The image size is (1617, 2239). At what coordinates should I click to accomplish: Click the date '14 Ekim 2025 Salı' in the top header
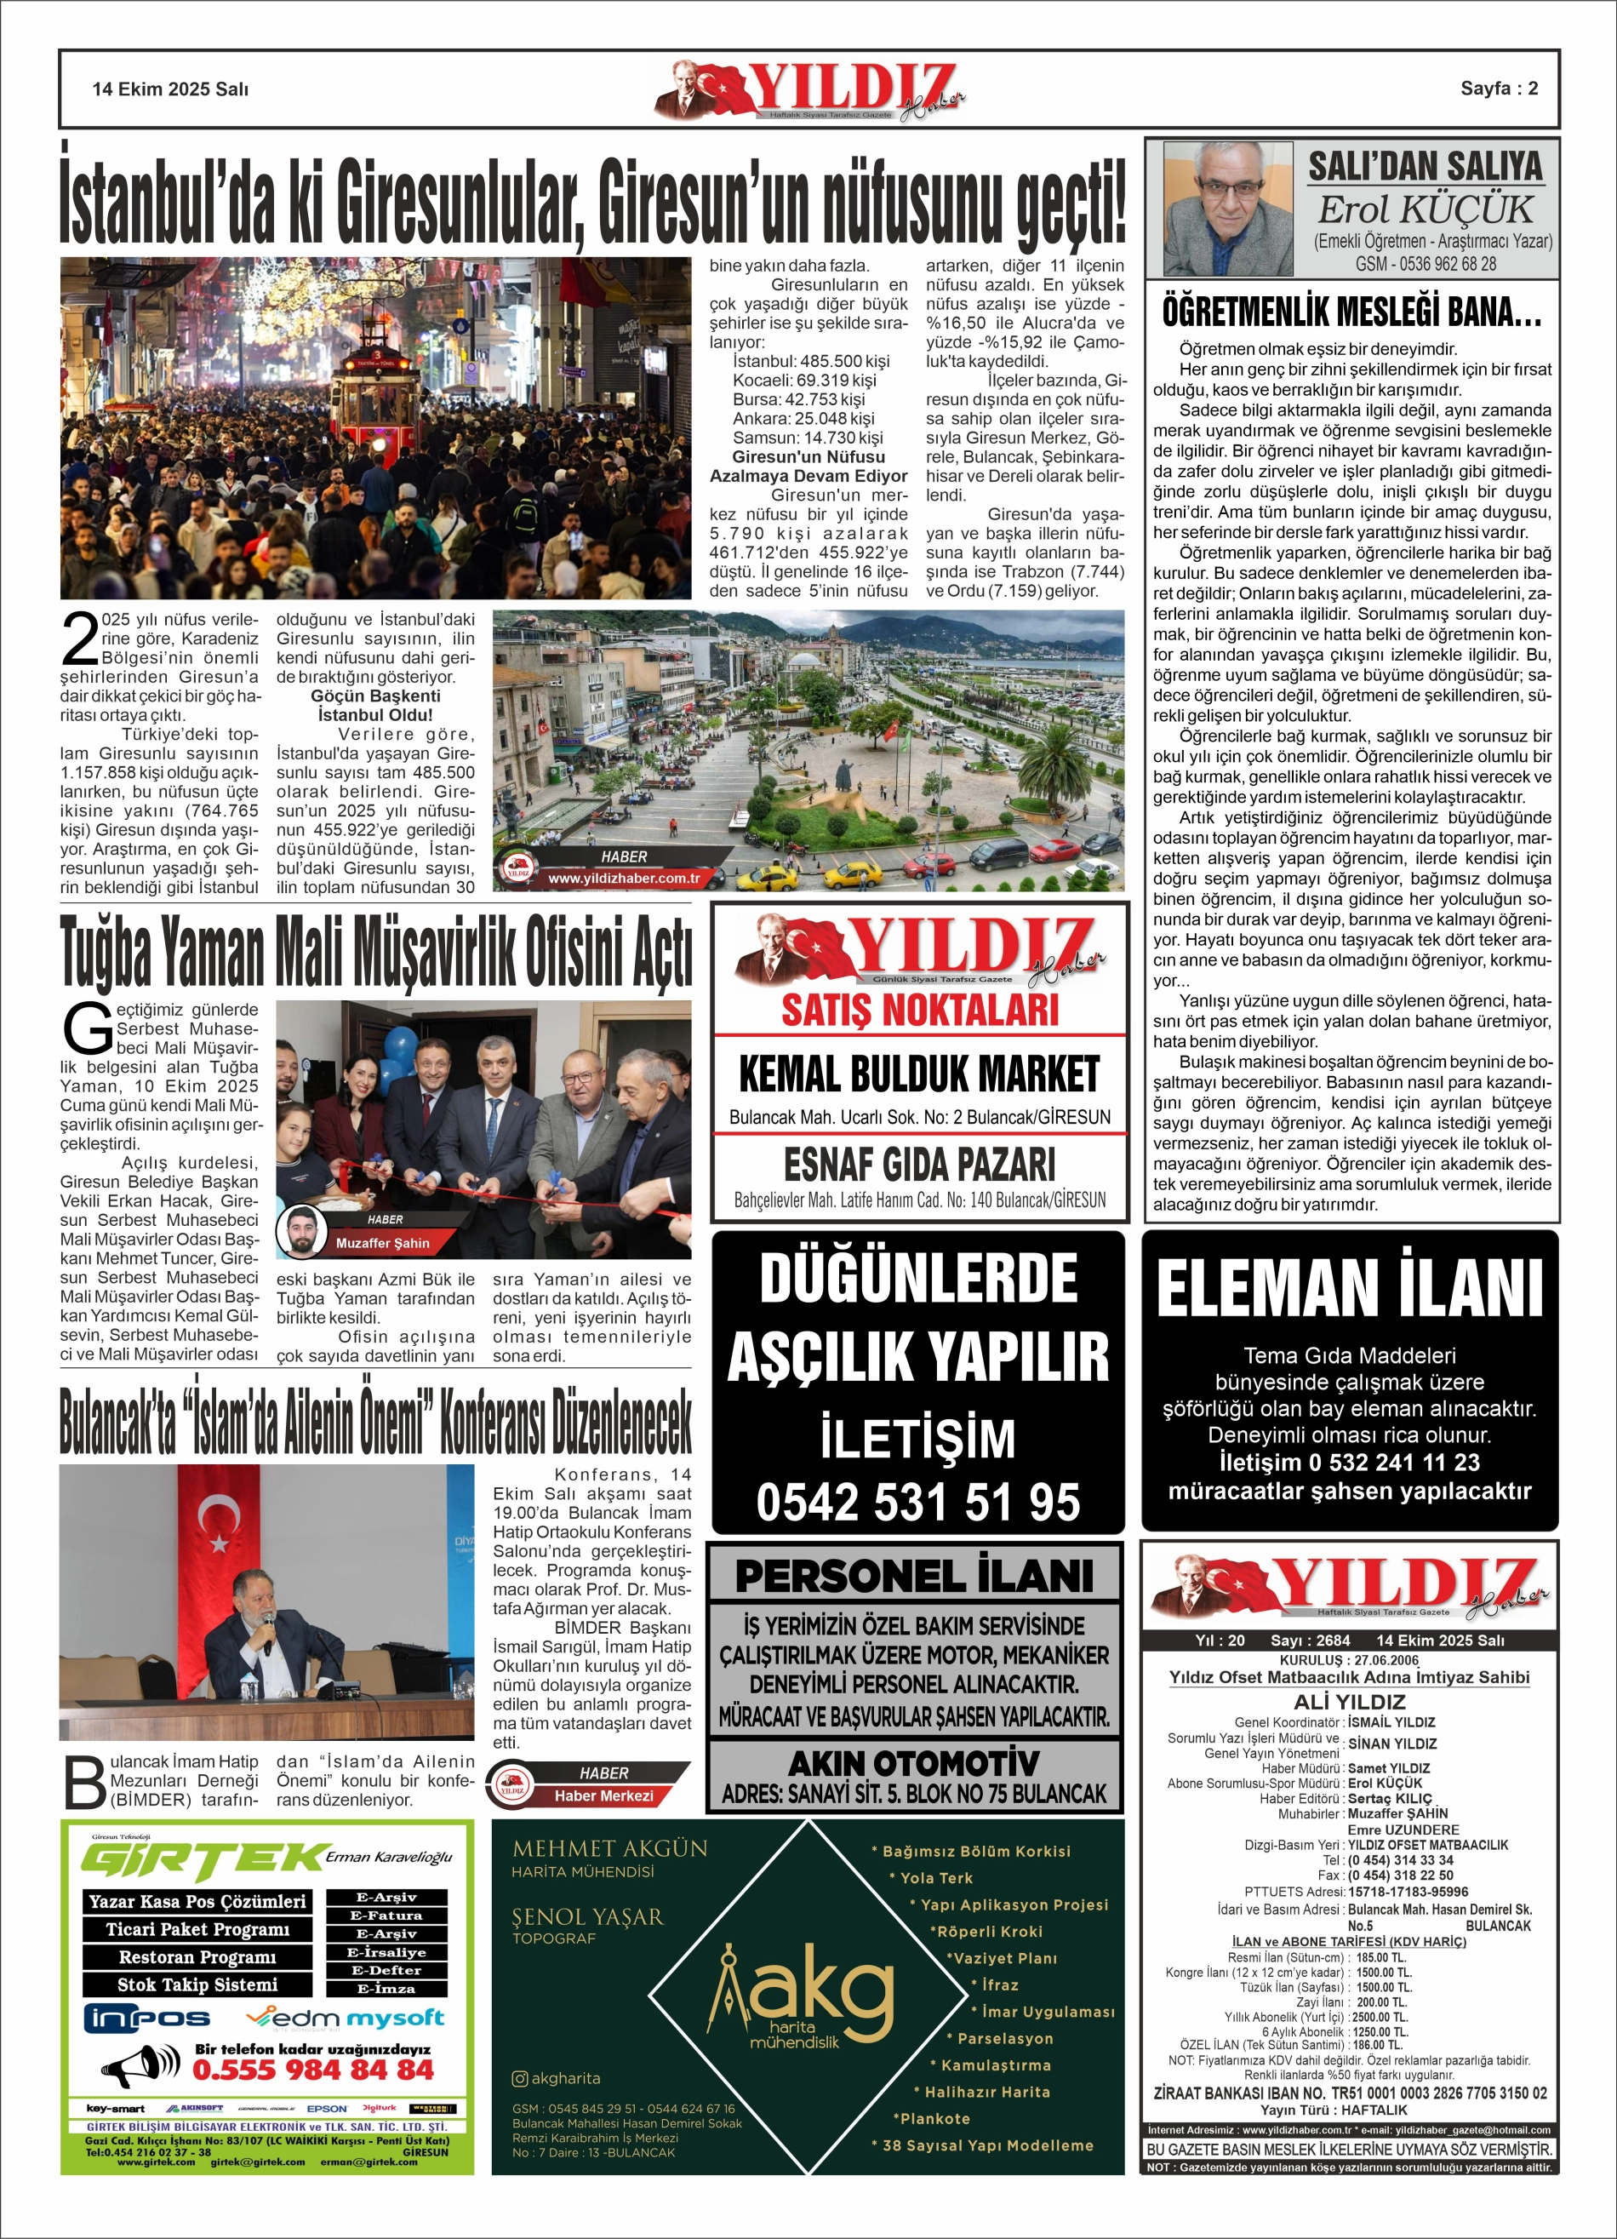coord(170,89)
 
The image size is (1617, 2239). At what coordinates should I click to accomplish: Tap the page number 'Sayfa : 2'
coord(1499,88)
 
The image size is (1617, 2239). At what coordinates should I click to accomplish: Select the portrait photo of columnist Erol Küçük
coord(1228,209)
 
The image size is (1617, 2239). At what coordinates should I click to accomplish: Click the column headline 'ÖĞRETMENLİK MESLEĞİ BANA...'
coord(1351,314)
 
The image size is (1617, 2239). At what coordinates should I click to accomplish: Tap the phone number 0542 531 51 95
coord(917,1502)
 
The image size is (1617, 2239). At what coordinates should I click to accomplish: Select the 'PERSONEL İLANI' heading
coord(914,1577)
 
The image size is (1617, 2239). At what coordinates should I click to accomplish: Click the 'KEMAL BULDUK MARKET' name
coord(918,1075)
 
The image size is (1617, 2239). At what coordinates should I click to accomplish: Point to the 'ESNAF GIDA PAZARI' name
coord(918,1165)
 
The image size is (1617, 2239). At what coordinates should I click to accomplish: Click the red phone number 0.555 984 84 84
coord(313,2070)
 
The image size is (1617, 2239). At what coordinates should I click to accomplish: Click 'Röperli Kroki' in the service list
coord(988,1932)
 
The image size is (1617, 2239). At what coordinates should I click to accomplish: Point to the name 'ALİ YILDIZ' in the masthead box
coord(1348,1702)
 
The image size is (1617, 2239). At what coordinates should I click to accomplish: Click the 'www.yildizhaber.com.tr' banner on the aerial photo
coord(624,878)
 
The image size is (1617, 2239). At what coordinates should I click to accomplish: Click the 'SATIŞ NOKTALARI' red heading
coord(919,1010)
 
